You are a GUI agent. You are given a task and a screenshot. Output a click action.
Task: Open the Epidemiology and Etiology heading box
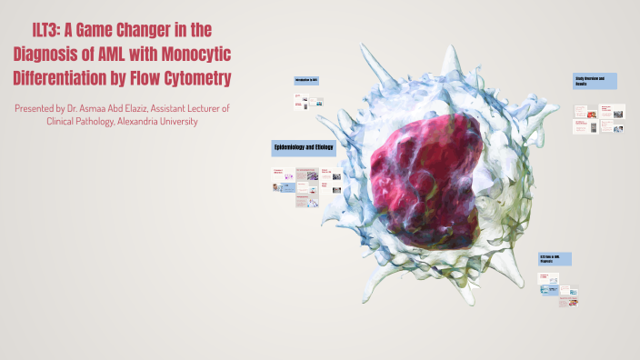[x=305, y=147]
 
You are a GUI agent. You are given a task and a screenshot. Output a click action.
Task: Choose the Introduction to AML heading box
[x=310, y=81]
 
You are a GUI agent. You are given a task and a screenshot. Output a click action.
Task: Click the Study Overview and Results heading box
[x=595, y=81]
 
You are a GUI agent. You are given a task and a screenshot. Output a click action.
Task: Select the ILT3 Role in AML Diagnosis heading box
[x=555, y=259]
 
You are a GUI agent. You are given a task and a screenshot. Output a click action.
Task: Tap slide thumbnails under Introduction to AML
[x=310, y=101]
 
